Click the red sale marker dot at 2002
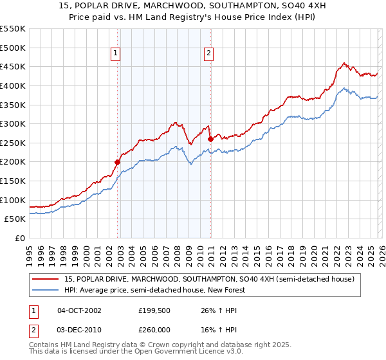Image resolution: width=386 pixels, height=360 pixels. [117, 162]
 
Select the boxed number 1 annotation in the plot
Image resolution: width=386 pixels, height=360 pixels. [115, 54]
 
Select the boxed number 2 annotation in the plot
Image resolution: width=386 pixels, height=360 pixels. [209, 54]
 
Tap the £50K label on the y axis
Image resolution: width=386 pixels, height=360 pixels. [15, 219]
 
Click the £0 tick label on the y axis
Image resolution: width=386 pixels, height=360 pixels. [20, 239]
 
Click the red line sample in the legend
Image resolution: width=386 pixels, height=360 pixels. [46, 280]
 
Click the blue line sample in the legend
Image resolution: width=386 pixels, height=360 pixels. [46, 291]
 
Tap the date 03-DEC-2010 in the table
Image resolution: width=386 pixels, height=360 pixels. [79, 328]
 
